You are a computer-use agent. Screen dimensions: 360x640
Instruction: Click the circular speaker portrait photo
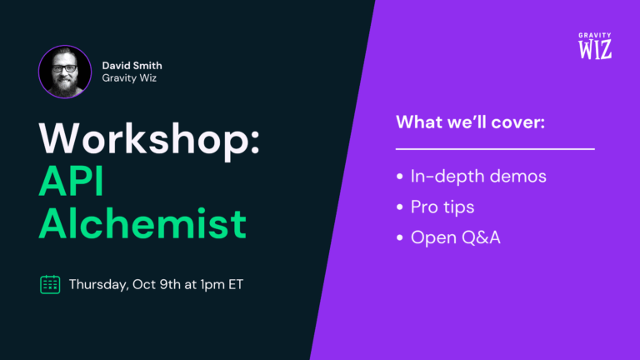pos(65,72)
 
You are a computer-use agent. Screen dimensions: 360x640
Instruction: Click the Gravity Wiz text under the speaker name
pos(130,78)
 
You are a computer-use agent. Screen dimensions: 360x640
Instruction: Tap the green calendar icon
pos(50,284)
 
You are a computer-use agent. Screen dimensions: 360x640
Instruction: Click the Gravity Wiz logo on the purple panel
pos(595,46)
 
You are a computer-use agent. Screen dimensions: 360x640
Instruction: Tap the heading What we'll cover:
pos(469,122)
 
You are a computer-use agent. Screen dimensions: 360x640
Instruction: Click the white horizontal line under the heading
pos(494,149)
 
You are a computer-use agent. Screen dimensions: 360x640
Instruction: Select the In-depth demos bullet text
pos(479,177)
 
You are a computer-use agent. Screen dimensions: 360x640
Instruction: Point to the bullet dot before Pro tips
pos(400,207)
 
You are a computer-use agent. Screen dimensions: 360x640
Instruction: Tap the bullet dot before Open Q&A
pos(400,237)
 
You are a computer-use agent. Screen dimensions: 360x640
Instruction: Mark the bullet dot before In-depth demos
pos(400,177)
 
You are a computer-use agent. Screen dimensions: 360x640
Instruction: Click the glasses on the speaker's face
pos(65,68)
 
